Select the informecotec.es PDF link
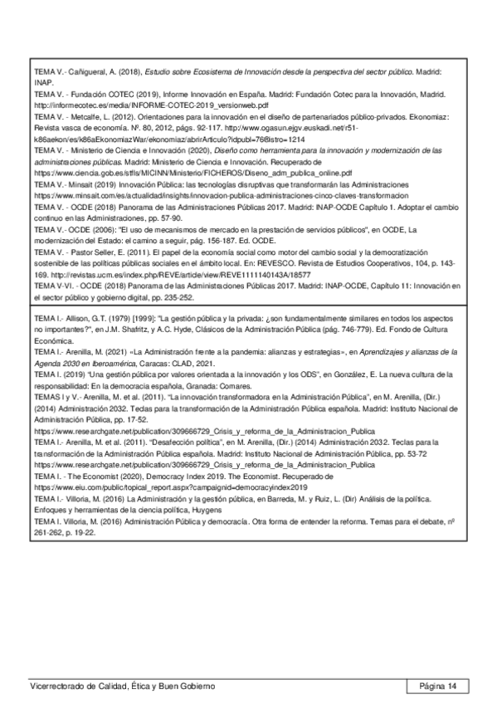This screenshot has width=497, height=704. [x=150, y=106]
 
